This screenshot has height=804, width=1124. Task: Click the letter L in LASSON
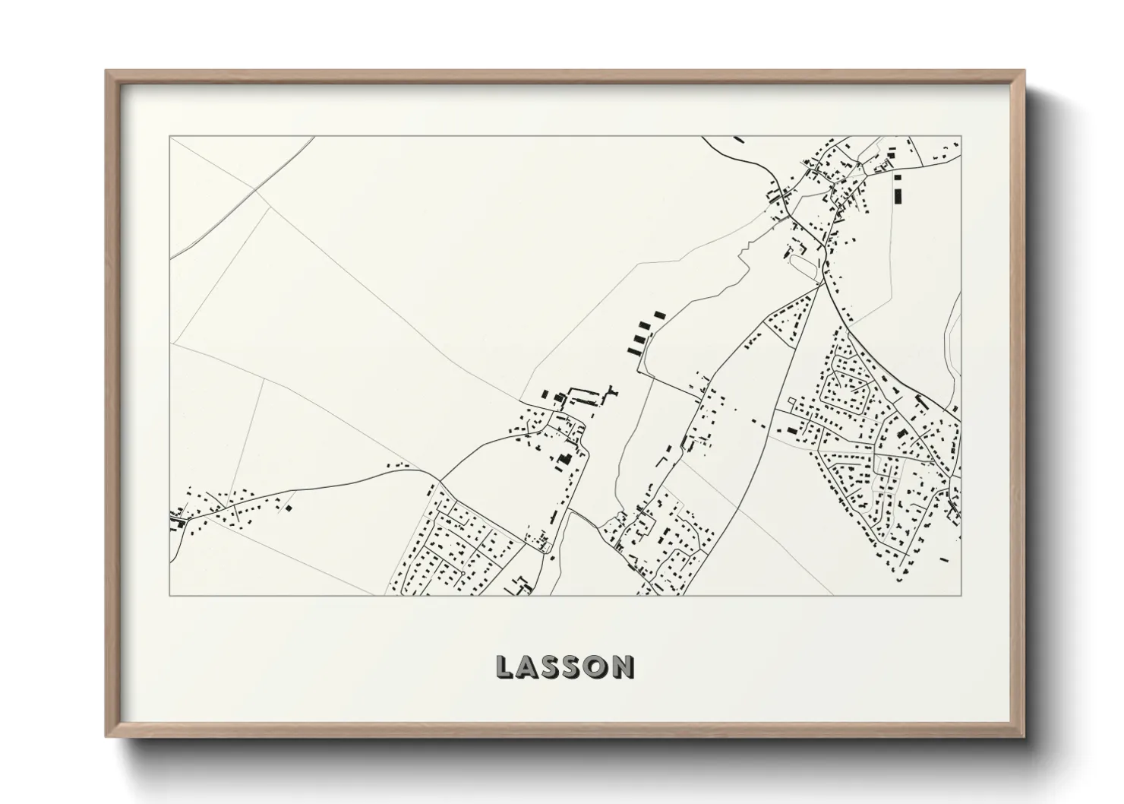pyautogui.click(x=504, y=668)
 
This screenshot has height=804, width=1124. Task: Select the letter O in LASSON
pyautogui.click(x=597, y=668)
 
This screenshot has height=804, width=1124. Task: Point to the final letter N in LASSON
pyautogui.click(x=623, y=668)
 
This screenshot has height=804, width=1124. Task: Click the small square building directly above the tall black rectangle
pyautogui.click(x=898, y=177)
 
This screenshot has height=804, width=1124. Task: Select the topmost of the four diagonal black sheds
pyautogui.click(x=658, y=313)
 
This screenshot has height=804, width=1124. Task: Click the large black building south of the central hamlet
pyautogui.click(x=565, y=458)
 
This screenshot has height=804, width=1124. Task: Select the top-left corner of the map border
pyautogui.click(x=170, y=137)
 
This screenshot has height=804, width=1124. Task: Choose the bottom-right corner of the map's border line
pyautogui.click(x=961, y=595)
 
